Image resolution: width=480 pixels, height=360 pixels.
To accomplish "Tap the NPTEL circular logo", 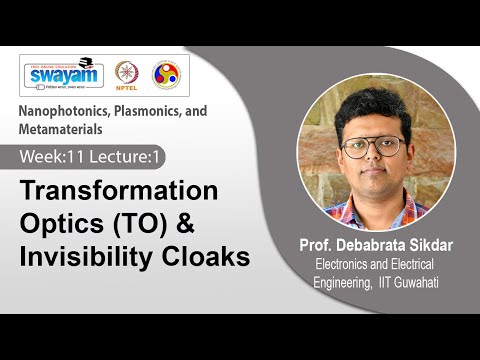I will click(x=127, y=74).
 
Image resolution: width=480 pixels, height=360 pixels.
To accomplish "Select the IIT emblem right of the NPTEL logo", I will click(x=165, y=74).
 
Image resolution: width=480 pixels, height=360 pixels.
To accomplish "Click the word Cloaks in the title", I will click(x=209, y=257).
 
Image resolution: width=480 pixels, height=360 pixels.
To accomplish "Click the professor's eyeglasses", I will click(x=372, y=145).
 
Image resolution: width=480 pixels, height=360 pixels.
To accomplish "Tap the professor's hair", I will click(x=371, y=109).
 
